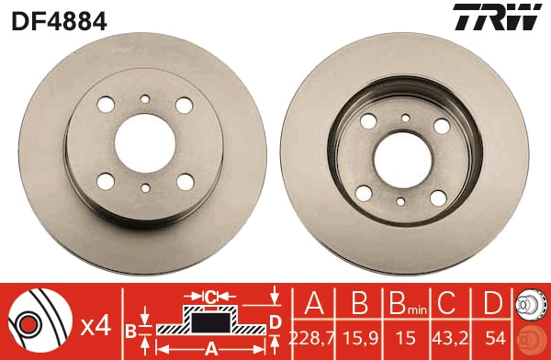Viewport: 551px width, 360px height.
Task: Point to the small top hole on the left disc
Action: point(146,98)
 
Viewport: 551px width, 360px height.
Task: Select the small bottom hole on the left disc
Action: point(146,188)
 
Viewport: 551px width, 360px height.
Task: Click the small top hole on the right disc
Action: point(404,118)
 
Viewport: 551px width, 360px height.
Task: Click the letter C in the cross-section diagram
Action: point(209,296)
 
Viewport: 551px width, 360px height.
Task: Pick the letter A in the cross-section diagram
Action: point(209,349)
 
